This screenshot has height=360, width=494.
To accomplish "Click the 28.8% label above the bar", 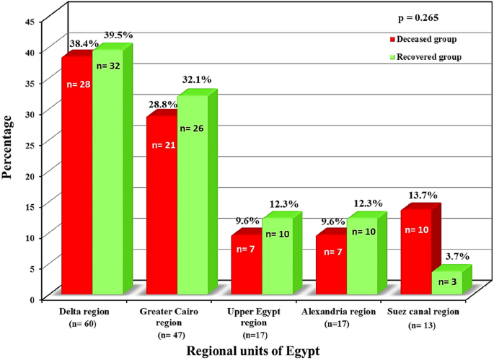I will tap(163, 105).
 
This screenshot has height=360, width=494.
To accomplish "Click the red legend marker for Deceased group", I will tap(391, 38).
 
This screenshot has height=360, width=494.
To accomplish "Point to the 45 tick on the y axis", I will tap(30, 22).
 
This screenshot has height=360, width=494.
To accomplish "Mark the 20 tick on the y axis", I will tap(30, 175).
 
